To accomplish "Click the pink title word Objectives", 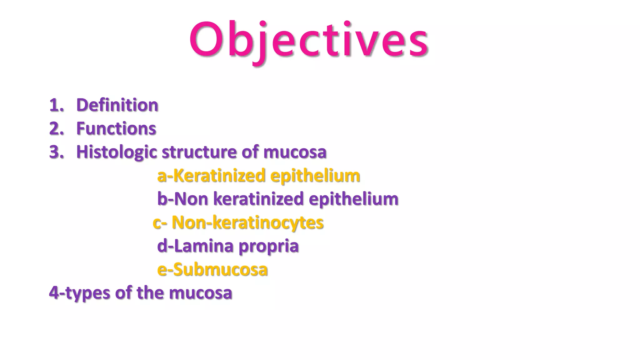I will [309, 40].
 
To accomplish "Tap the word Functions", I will [116, 128].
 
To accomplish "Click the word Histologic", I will [117, 152].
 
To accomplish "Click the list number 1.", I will [56, 105].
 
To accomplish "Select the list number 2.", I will [56, 128].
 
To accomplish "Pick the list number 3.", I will [56, 152].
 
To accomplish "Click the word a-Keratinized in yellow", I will [211, 175].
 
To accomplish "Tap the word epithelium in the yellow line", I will [315, 176].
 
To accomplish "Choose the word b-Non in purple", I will [182, 199].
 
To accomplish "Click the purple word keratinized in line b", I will [258, 199].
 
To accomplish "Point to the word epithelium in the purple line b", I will [353, 199].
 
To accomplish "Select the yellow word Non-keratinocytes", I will [247, 222].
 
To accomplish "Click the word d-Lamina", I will [195, 246].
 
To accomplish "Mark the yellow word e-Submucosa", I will [212, 269].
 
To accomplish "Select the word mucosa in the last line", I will [200, 293].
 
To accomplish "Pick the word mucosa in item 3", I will [295, 152].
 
